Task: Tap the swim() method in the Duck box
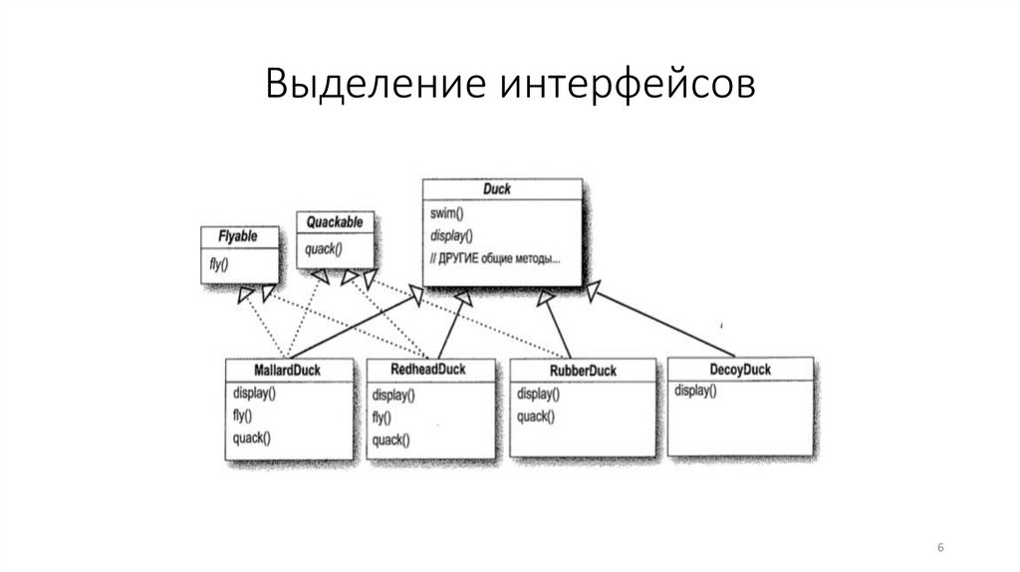pyautogui.click(x=449, y=214)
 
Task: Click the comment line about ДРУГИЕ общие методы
pyautogui.click(x=495, y=259)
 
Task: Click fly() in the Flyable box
pyautogui.click(x=218, y=266)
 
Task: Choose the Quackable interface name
pyautogui.click(x=335, y=221)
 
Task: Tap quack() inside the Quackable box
pyautogui.click(x=324, y=249)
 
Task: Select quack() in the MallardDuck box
pyautogui.click(x=251, y=437)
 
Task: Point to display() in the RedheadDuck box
pyautogui.click(x=394, y=396)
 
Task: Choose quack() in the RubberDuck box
pyautogui.click(x=538, y=417)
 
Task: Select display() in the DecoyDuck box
pyautogui.click(x=695, y=391)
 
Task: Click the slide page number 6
pyautogui.click(x=941, y=549)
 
